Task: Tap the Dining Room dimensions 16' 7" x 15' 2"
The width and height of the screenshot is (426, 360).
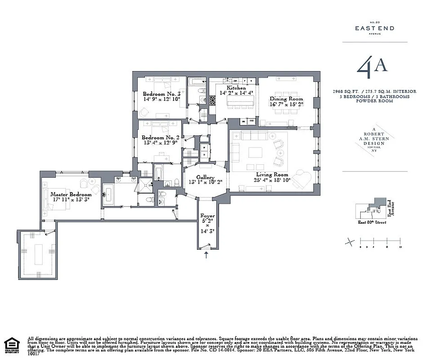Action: coord(286,104)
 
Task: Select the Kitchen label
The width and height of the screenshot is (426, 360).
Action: coord(236,88)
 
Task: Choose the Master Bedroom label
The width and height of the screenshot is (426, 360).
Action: coord(67,194)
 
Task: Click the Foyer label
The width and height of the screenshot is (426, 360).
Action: coord(207,216)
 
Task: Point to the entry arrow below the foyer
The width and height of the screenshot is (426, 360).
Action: coord(206,255)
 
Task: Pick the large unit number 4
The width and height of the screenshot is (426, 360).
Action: coord(364,68)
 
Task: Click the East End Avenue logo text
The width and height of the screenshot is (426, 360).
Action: coord(375,28)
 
